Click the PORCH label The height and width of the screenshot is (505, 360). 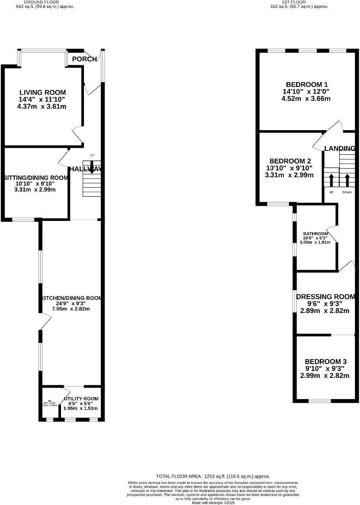pyautogui.click(x=84, y=59)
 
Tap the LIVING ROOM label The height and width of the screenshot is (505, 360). pyautogui.click(x=42, y=92)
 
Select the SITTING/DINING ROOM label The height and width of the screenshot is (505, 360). pyautogui.click(x=36, y=178)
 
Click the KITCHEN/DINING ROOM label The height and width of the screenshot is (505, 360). pyautogui.click(x=71, y=298)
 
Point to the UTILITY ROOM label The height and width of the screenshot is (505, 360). pyautogui.click(x=81, y=399)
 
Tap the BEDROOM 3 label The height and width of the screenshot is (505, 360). pyautogui.click(x=325, y=361)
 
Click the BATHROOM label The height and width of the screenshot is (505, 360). pyautogui.click(x=315, y=233)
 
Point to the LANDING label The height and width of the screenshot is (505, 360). pyautogui.click(x=340, y=148)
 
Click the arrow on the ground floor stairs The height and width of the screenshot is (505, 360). pyautogui.click(x=91, y=169)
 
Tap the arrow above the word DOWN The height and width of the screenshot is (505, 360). pyautogui.click(x=347, y=180)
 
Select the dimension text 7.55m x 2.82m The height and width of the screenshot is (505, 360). pyautogui.click(x=71, y=309)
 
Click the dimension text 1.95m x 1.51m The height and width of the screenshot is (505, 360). pyautogui.click(x=81, y=408)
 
